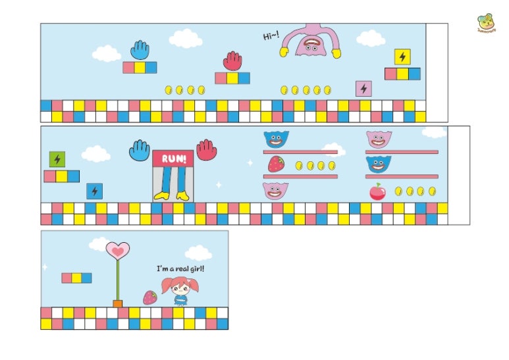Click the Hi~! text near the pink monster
tap(271, 36)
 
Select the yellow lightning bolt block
tap(402, 57)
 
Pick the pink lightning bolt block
tap(363, 88)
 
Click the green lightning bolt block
tap(57, 159)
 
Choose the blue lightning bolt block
tap(95, 191)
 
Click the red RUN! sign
tap(173, 159)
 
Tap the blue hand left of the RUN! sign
tap(140, 150)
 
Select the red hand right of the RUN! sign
tap(206, 149)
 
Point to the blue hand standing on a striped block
tap(140, 51)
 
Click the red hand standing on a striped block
tap(232, 61)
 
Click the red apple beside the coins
tap(377, 192)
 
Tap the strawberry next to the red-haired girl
tap(150, 297)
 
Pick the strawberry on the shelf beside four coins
tap(276, 164)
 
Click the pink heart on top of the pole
tap(118, 250)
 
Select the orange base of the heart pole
tap(118, 303)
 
